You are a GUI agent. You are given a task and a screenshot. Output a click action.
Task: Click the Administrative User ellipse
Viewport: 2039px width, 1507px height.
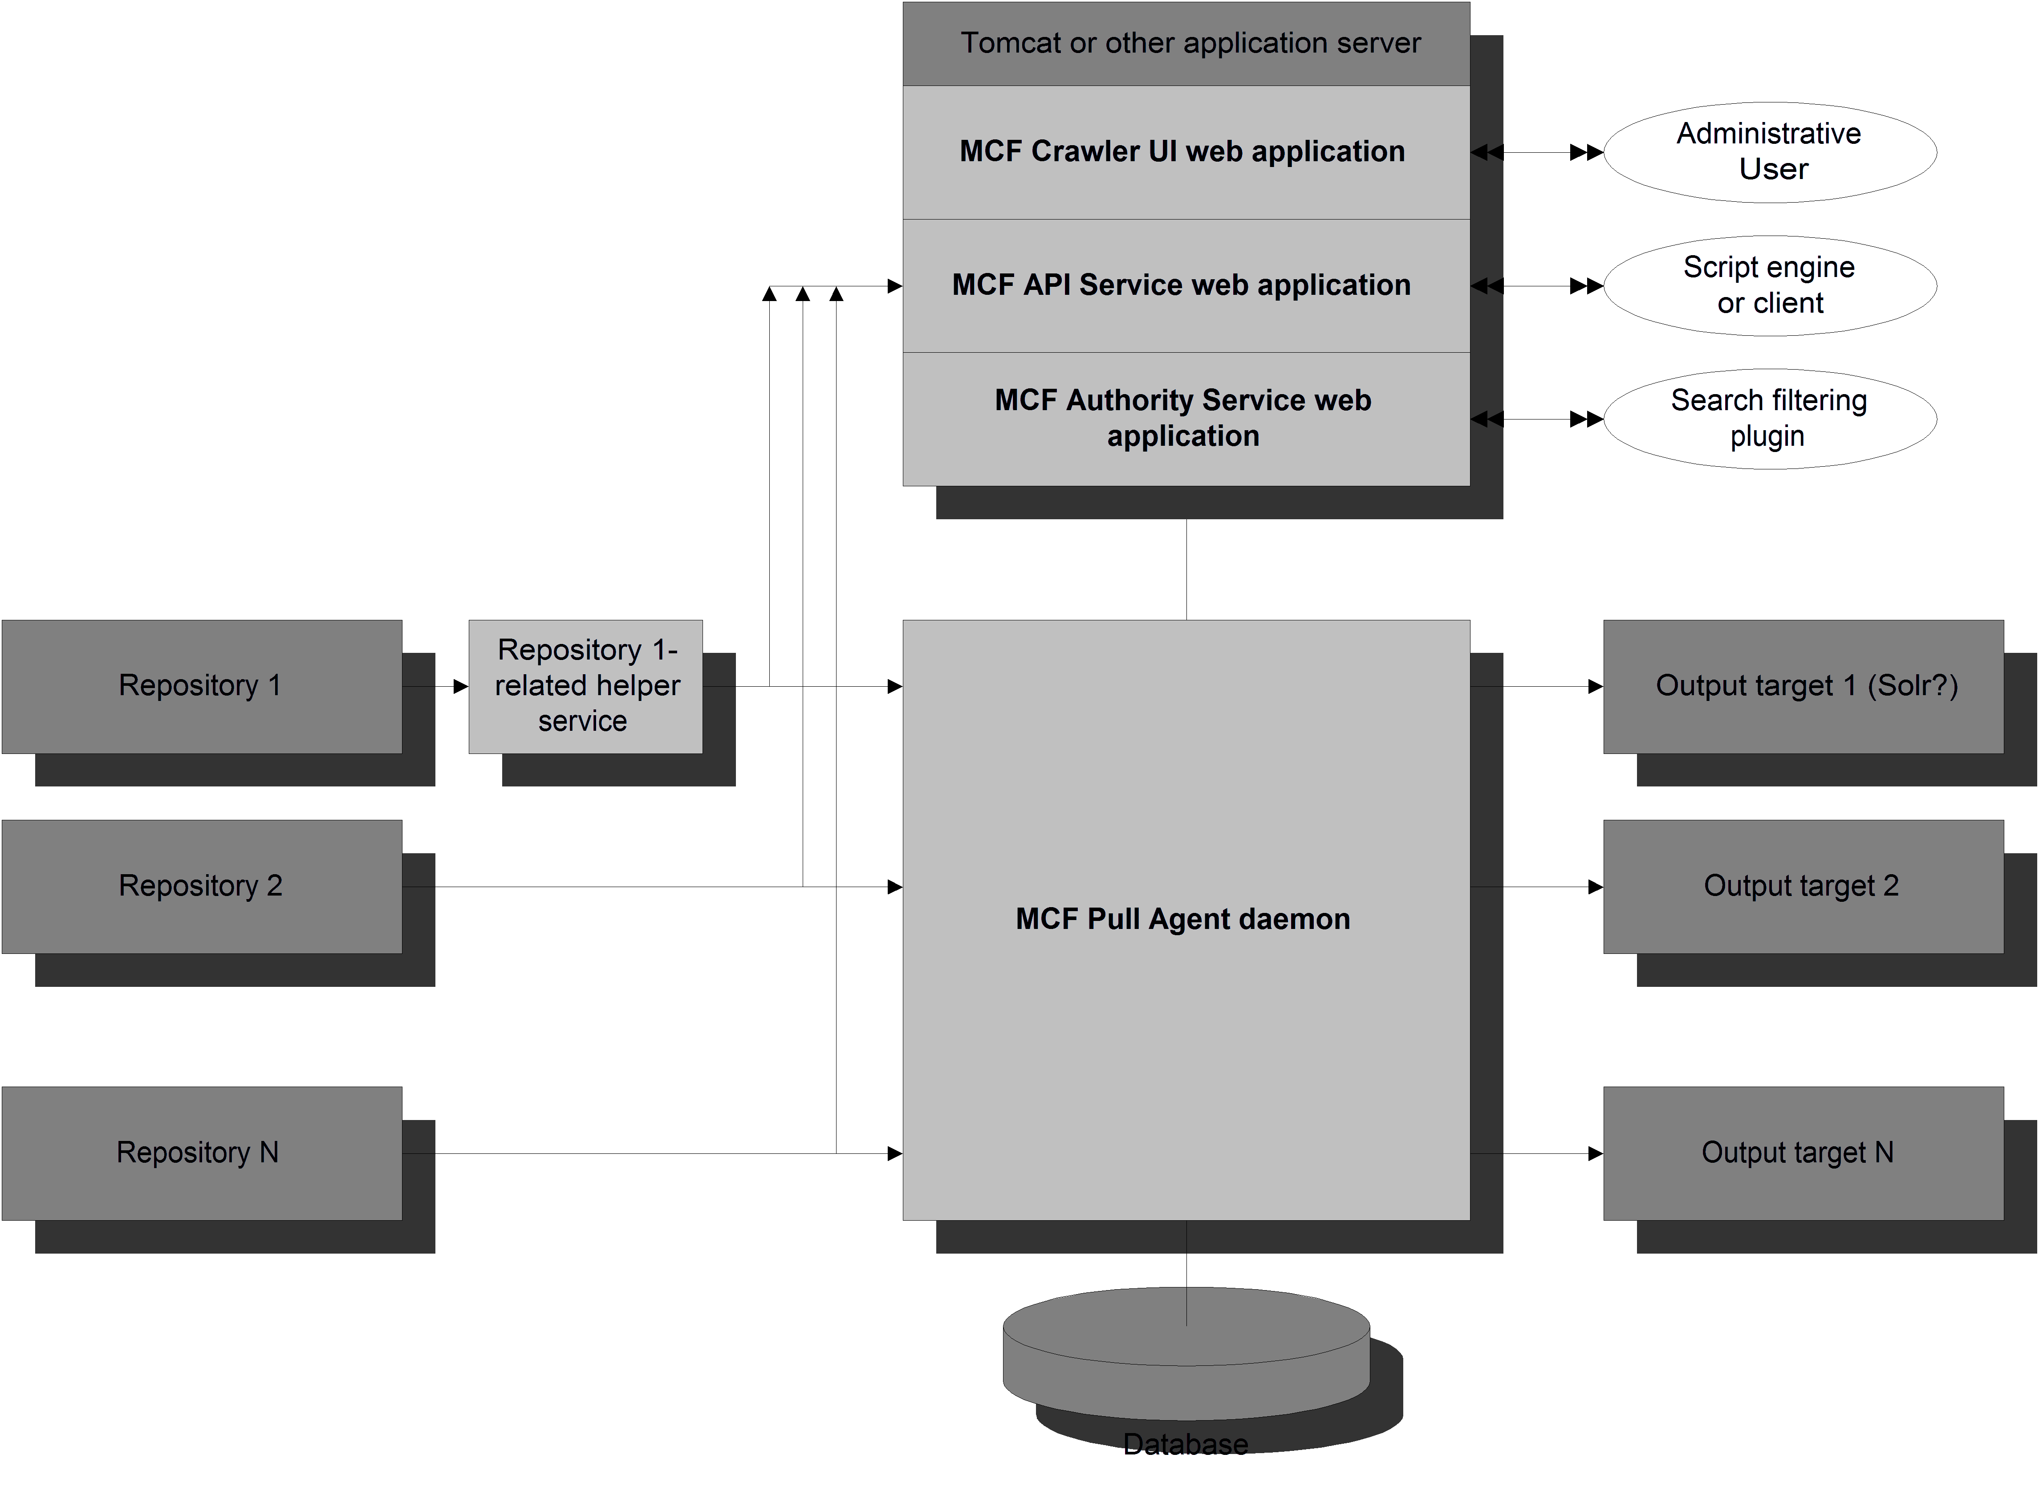[1769, 151]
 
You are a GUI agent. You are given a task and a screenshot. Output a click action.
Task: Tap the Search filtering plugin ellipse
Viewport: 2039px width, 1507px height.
[1769, 419]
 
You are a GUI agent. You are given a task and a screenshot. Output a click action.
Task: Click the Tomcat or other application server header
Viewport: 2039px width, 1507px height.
[1186, 43]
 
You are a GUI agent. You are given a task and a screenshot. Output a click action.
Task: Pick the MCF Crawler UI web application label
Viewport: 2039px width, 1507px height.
[1182, 151]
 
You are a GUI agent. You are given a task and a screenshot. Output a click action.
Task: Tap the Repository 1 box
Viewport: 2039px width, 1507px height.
[201, 686]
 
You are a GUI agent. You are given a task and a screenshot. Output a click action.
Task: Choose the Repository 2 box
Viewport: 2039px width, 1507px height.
[201, 886]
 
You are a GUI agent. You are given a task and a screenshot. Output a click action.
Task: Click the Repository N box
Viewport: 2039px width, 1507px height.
[201, 1152]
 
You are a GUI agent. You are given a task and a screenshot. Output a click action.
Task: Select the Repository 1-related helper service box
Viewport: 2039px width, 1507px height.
[585, 686]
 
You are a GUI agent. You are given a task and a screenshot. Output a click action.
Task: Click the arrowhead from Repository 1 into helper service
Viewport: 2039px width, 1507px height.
[460, 686]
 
